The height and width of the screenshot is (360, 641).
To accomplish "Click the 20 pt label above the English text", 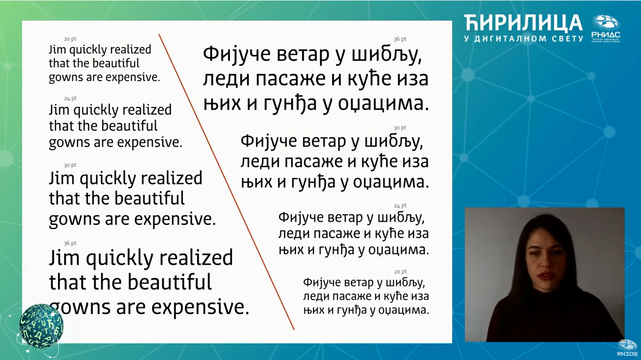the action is pos(70,39).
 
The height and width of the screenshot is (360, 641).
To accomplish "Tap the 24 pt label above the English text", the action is pos(70,98).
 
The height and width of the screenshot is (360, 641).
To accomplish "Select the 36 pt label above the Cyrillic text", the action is pos(400,39).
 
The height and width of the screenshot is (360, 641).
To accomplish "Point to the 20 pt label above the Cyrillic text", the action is pos(400,271).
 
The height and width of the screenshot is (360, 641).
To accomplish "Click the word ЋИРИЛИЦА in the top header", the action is pos(523,23).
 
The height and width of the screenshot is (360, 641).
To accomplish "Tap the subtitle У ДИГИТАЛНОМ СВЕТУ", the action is pos(524,39).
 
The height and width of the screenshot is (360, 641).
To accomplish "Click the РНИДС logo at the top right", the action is pos(606,29).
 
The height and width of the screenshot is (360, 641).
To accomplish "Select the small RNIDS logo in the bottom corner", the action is pos(627,347).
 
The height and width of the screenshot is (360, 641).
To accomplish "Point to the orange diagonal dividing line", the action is pos(226,182).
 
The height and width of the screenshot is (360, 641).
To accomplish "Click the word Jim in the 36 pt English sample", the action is pos(65,258).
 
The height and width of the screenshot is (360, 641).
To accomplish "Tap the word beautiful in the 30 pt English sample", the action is pos(149,198).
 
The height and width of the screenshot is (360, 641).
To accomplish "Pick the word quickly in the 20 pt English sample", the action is pos(88,50).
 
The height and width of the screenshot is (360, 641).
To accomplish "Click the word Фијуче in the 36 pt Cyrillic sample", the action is pos(237,54).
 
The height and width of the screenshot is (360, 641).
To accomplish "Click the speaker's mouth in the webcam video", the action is pos(546,275).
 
